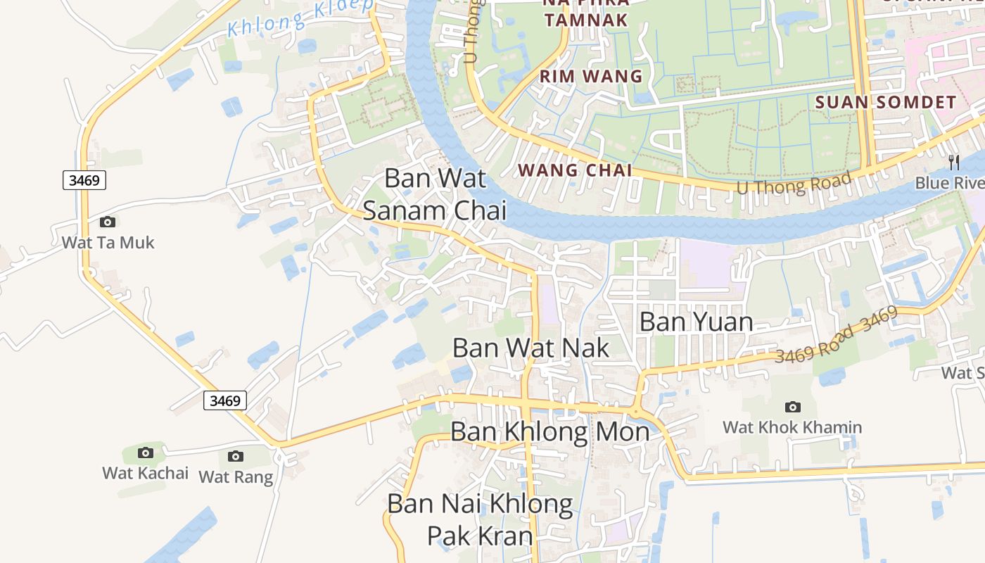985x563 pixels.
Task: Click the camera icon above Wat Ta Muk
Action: point(108,222)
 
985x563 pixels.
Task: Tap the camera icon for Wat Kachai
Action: point(146,453)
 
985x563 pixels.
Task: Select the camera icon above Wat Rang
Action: point(236,456)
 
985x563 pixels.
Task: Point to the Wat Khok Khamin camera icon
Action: point(792,407)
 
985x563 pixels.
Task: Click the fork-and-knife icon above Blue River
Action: point(954,163)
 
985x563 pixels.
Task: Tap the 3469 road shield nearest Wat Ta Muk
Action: point(84,180)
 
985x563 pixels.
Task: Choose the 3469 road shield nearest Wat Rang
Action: point(225,401)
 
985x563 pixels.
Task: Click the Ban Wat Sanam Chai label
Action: point(435,194)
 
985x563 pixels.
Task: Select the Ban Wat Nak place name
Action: point(530,348)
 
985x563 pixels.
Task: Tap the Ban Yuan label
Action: point(696,322)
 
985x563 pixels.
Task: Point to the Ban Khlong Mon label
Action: point(549,431)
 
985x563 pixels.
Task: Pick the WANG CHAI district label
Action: point(575,170)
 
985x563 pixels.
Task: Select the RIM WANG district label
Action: point(591,76)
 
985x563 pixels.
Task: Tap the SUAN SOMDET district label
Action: point(886,102)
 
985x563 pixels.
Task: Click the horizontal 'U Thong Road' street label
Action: point(794,182)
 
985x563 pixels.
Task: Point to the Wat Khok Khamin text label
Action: point(792,427)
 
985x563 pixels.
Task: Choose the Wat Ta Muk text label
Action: point(108,243)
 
